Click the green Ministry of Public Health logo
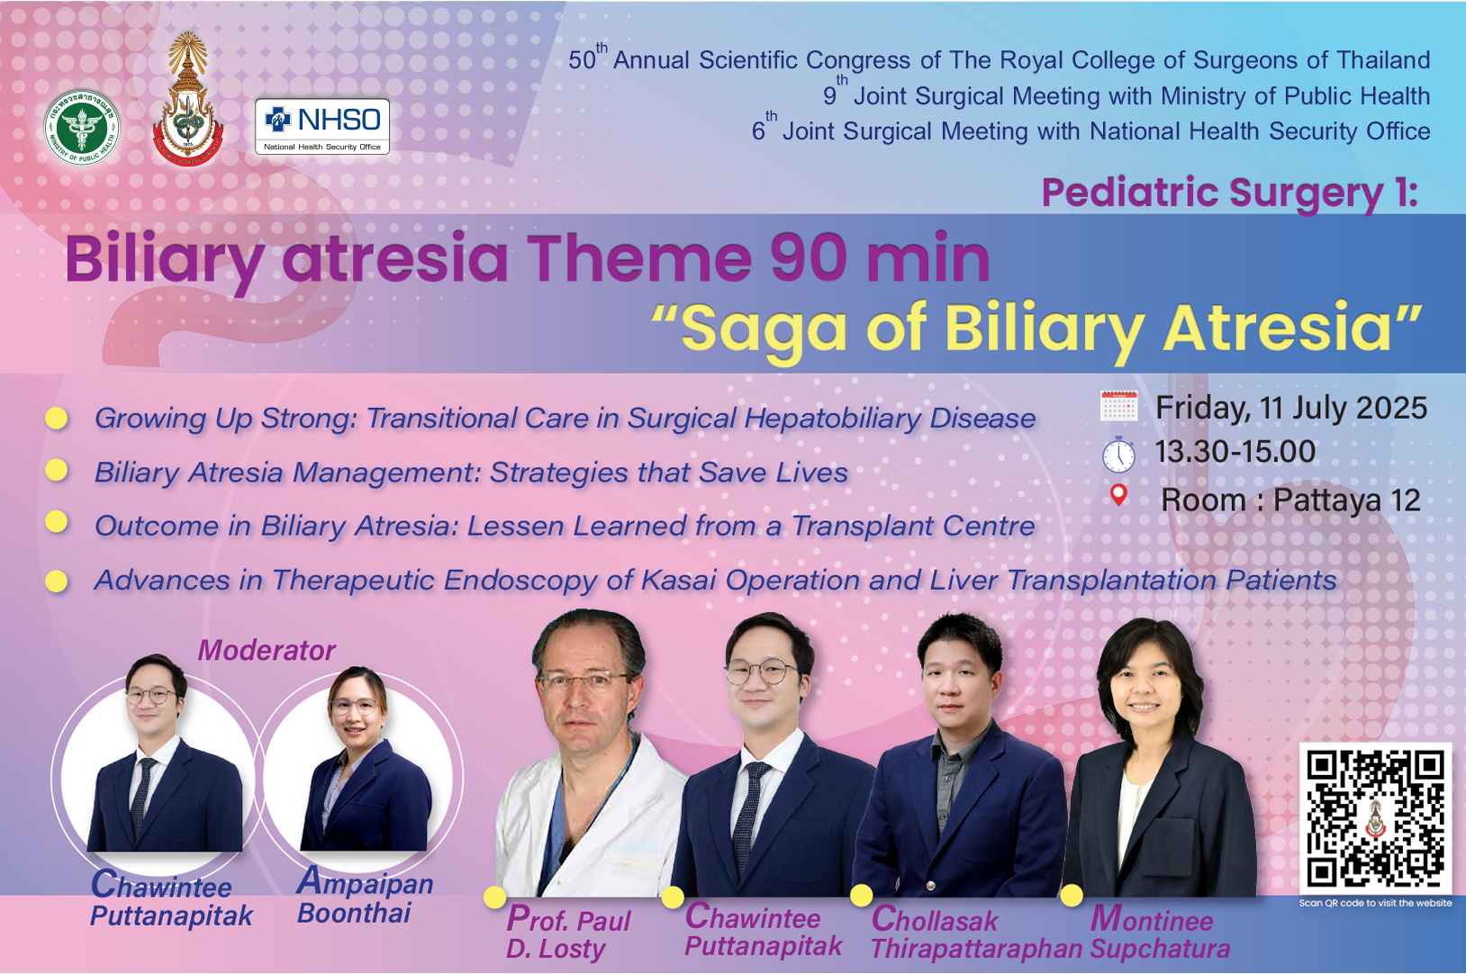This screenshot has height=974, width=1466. click(x=82, y=127)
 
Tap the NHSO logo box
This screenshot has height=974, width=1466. click(x=322, y=126)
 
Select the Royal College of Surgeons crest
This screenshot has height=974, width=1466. click(x=188, y=98)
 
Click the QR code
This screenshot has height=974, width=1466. click(x=1375, y=818)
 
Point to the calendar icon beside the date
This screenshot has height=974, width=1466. click(x=1119, y=406)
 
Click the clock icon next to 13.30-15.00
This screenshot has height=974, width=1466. click(x=1118, y=454)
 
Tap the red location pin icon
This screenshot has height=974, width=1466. click(x=1118, y=495)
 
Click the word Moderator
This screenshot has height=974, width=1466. click(x=267, y=650)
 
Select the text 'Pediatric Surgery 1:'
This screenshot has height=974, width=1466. click(x=1230, y=194)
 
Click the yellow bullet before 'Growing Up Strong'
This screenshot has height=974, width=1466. click(x=57, y=418)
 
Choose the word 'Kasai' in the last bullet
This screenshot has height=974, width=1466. click(x=678, y=581)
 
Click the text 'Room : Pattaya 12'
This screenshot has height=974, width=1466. click(x=1290, y=501)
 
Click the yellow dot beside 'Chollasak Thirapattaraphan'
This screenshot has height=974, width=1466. click(x=861, y=896)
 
